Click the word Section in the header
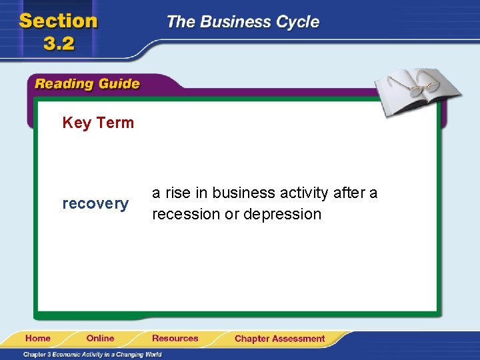click(x=59, y=21)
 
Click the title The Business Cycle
click(x=243, y=22)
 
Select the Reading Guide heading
click(x=87, y=84)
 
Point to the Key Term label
click(x=98, y=123)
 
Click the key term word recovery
click(x=95, y=204)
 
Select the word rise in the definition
click(x=177, y=193)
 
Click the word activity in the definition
click(x=304, y=193)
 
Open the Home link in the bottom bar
click(x=38, y=339)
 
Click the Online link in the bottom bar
click(x=100, y=339)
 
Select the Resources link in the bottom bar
click(x=175, y=339)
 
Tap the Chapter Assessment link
click(x=279, y=339)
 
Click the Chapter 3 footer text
click(x=94, y=354)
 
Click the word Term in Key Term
click(x=115, y=123)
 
